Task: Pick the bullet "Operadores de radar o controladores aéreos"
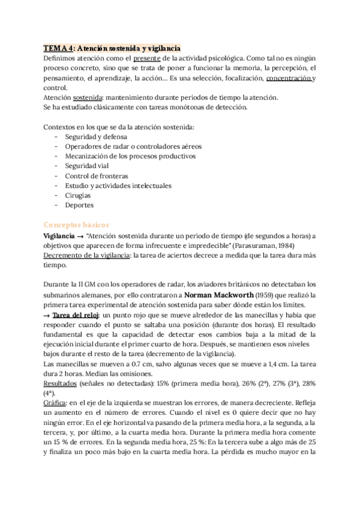pyautogui.click(x=133, y=146)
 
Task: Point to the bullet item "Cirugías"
pyautogui.click(x=78, y=196)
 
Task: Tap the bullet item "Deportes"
pyautogui.click(x=79, y=205)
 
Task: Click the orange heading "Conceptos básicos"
pyautogui.click(x=76, y=224)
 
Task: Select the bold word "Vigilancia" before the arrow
pyautogui.click(x=59, y=235)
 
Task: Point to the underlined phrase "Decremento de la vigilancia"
pyautogui.click(x=87, y=254)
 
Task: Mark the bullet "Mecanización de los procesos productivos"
pyautogui.click(x=130, y=155)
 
